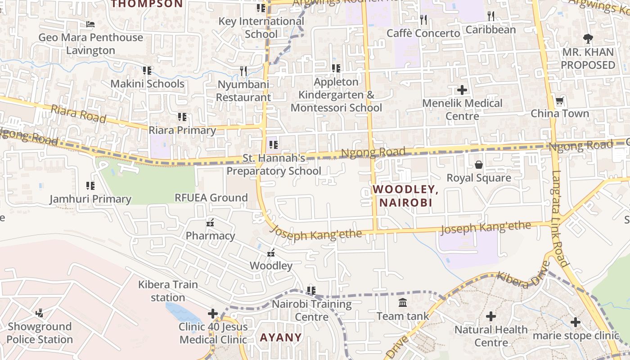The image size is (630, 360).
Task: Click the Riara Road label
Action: point(78,114)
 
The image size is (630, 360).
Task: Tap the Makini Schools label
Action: point(147,84)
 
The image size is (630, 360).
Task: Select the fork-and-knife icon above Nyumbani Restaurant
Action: point(243,71)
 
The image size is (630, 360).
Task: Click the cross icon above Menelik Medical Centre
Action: point(462,90)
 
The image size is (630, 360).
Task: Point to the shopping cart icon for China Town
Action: point(559,101)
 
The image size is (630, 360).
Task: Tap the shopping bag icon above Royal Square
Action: point(479,165)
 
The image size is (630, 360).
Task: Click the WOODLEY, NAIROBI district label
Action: point(405,196)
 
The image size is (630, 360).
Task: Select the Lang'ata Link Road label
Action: point(559,218)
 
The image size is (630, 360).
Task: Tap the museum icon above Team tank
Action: point(403,303)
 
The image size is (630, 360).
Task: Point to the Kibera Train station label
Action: point(168,291)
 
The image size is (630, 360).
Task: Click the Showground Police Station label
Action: point(40,333)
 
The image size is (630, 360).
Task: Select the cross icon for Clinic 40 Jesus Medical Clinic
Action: point(212,314)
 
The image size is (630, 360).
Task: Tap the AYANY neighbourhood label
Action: point(281,337)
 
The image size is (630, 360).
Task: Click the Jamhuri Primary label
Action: point(90,199)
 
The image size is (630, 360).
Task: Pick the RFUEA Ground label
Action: point(211,198)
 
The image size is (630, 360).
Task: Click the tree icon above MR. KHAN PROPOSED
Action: point(588,39)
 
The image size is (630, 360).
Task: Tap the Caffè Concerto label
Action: point(423,33)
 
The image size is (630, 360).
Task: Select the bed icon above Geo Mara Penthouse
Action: point(90,24)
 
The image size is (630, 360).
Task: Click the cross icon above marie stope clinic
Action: point(576,322)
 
